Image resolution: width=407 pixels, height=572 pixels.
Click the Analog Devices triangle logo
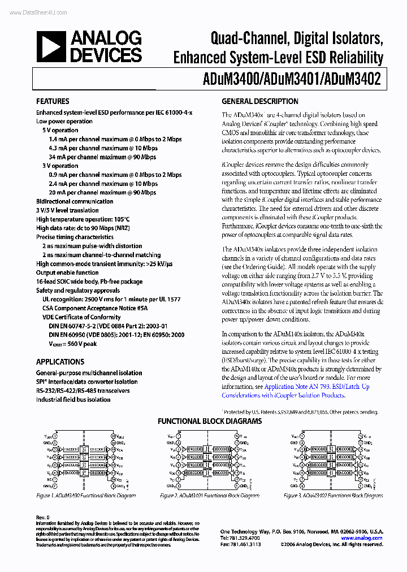50,47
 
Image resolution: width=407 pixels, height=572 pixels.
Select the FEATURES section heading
53,102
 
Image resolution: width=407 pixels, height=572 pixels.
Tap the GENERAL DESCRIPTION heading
259,102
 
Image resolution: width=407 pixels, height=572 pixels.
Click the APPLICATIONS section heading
60,362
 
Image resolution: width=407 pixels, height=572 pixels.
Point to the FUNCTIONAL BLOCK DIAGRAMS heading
209,422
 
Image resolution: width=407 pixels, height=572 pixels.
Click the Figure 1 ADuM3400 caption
86,496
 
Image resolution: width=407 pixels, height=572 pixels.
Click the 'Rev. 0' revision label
43,517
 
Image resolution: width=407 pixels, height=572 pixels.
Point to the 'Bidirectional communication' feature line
75,201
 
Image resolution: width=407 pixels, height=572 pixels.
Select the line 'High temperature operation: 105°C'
83,219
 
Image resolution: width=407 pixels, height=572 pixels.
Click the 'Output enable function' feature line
67,272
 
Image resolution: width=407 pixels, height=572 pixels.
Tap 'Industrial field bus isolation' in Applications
73,400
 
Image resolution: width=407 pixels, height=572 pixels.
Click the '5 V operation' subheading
60,130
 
